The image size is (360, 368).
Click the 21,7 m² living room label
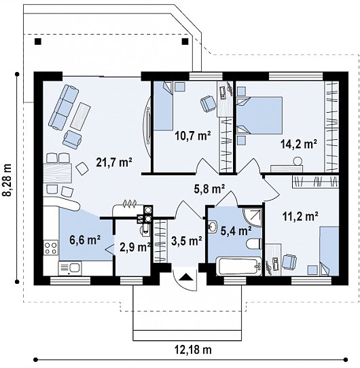pos(114,162)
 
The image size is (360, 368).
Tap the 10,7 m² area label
pos(192,135)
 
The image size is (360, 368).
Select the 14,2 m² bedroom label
pos(299,144)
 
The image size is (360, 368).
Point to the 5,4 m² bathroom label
pos(236,231)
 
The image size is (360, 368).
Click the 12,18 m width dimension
pos(193,350)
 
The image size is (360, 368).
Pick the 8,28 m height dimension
pos(7,179)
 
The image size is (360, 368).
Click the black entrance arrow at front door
pos(186,277)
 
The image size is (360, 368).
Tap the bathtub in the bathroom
pos(238,266)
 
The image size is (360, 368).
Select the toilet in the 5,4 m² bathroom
pos(254,244)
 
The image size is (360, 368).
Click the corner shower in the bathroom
pos(252,217)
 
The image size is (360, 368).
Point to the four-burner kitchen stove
pos(51,248)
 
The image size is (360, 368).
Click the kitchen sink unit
pos(70,268)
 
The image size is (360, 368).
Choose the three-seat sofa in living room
pos(63,107)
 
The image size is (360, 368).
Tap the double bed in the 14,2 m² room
pos(259,115)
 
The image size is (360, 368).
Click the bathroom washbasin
pos(213,227)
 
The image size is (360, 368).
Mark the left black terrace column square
pos(38,41)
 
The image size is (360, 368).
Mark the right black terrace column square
pos(185,41)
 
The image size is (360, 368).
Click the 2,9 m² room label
pos(135,247)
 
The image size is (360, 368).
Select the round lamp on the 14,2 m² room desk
pos(297,161)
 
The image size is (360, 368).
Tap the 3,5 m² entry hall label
pos(187,241)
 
